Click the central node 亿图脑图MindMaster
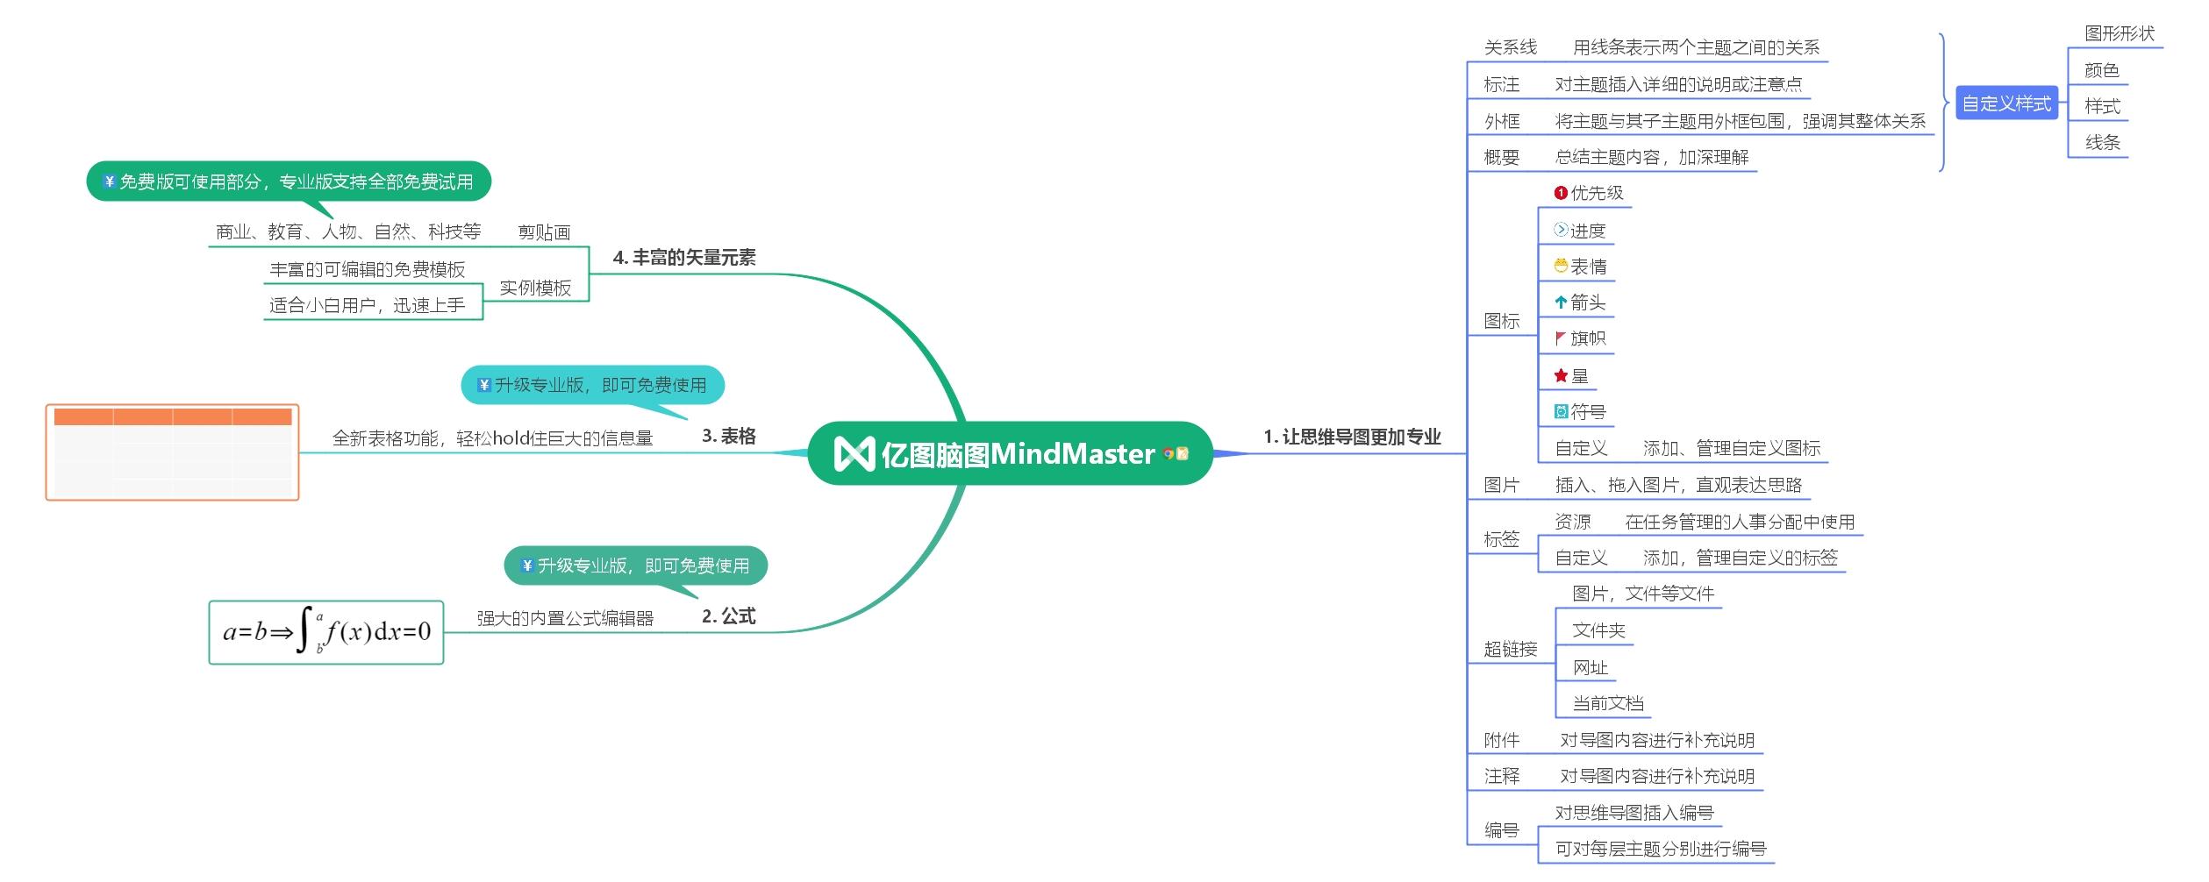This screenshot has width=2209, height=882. pos(1009,454)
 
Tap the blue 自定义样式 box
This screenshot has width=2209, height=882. pos(2006,104)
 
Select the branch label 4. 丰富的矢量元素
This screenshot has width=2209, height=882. pos(684,258)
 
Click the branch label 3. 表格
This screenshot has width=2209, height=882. pos(729,437)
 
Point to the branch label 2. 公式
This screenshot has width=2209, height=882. pos(729,616)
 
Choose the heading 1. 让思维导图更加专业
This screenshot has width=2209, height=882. pos(1352,437)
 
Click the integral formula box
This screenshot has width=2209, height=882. pos(326,632)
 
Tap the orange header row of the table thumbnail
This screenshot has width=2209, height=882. pos(173,417)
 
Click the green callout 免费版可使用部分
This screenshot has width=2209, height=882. pos(289,181)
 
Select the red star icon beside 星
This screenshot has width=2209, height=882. pos(1561,376)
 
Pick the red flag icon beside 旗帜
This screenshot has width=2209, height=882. pos(1561,338)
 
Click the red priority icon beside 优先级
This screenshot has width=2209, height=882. pos(1561,193)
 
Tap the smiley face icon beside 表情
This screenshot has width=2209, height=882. pos(1561,266)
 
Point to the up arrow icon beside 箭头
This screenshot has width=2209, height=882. pos(1561,302)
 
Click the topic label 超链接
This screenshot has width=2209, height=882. pos(1511,650)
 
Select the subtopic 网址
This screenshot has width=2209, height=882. pos(1591,668)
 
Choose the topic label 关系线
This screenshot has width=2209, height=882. pos(1511,47)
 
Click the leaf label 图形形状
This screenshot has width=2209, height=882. pos(2120,33)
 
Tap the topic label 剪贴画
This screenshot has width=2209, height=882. pos(544,232)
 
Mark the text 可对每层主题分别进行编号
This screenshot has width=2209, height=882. pos(1661,849)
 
